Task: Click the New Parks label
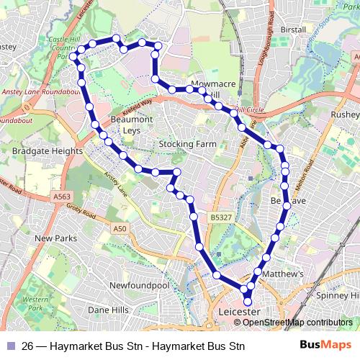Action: [55, 238]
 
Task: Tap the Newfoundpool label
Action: [139, 286]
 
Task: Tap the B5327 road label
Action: [222, 215]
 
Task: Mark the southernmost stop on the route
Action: [248, 302]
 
